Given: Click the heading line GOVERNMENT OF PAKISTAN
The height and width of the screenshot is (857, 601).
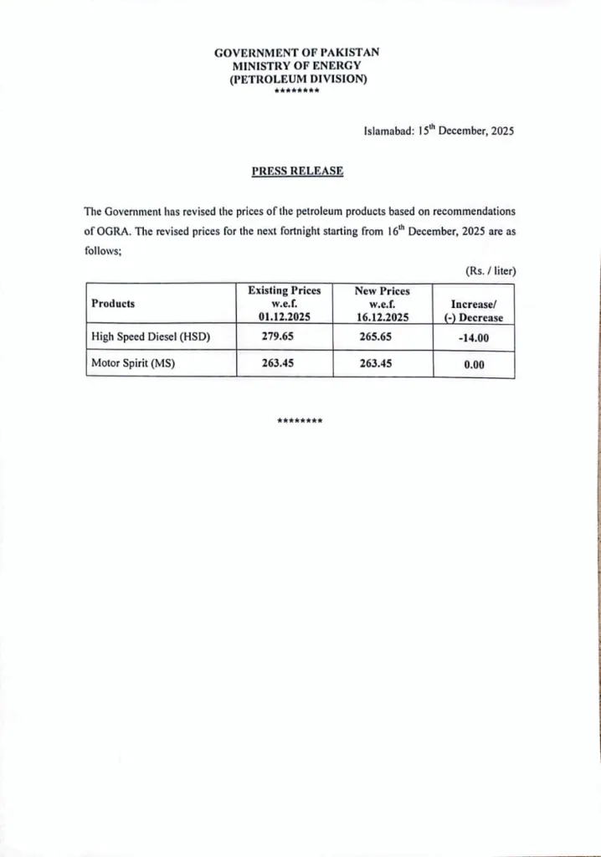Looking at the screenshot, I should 296,52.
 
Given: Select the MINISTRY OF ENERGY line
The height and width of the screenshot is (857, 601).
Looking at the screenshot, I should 296,65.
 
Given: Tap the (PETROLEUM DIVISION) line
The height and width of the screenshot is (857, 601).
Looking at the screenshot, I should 296,79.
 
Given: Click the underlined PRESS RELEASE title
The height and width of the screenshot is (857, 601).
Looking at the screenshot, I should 297,171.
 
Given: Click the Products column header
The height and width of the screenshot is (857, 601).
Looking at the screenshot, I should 113,304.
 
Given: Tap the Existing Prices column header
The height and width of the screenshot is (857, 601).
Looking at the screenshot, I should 285,304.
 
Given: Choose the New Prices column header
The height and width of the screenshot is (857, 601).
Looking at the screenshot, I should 383,304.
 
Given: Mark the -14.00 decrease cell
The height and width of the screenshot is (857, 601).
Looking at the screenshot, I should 474,338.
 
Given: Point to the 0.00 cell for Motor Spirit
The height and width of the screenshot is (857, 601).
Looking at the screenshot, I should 475,365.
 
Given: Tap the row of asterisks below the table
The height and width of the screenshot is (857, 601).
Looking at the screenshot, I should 300,419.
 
